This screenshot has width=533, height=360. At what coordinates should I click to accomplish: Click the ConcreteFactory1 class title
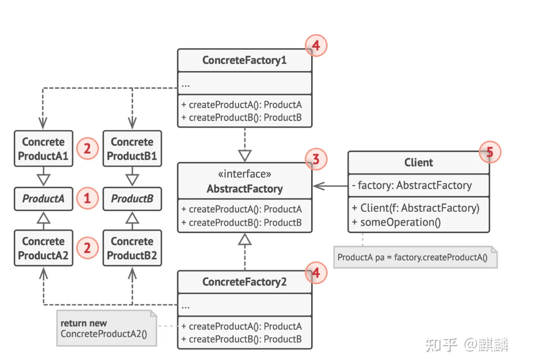click(x=244, y=60)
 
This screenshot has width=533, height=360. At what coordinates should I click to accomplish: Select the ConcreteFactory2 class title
click(x=244, y=282)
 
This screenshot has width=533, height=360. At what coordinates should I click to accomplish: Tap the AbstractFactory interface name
click(x=244, y=189)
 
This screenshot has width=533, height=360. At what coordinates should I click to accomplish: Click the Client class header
click(x=419, y=163)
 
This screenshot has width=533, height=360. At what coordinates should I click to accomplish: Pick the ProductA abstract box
click(x=43, y=199)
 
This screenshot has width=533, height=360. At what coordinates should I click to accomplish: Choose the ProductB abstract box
click(x=132, y=199)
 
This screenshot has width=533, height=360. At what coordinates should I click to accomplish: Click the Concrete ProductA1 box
click(x=43, y=149)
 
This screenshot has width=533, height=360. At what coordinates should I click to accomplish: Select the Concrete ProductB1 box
click(x=132, y=149)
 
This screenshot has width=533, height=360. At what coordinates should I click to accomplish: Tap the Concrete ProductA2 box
click(x=43, y=248)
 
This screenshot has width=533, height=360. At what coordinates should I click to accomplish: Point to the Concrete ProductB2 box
click(x=132, y=248)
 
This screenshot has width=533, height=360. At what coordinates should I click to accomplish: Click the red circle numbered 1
click(x=87, y=198)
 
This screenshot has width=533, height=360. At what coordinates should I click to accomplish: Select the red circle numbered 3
click(x=315, y=160)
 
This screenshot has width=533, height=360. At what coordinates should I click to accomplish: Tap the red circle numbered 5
click(x=490, y=152)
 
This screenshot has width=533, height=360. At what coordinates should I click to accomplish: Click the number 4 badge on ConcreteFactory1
click(x=315, y=46)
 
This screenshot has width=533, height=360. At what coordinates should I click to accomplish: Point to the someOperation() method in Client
click(x=397, y=222)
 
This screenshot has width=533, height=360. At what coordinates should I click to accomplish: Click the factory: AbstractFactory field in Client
click(x=412, y=185)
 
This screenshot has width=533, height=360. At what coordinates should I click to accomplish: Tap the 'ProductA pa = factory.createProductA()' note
click(x=415, y=257)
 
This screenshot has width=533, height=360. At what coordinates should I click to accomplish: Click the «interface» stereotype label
click(x=244, y=174)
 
